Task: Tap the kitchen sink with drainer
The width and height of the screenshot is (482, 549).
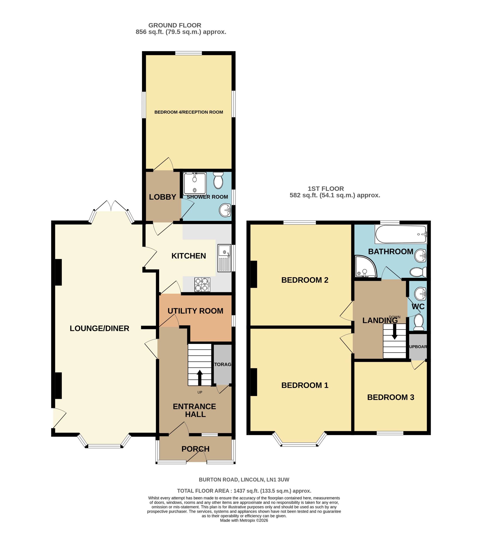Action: tap(224, 258)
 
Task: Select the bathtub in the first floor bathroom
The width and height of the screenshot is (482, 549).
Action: tap(400, 234)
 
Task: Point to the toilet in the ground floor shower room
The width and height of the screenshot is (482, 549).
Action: tap(218, 180)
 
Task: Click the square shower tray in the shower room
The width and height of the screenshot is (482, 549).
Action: tap(195, 183)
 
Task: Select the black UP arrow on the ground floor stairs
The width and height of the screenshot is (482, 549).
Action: tap(199, 377)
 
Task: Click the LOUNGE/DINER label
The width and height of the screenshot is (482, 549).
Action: tap(99, 328)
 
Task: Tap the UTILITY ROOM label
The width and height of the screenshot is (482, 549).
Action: tap(195, 311)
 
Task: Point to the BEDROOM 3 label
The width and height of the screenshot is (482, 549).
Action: tap(390, 397)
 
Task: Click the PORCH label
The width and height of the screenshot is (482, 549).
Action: tap(195, 449)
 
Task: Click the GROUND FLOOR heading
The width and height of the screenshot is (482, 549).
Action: tap(175, 25)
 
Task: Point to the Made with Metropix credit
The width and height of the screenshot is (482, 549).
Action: tap(244, 520)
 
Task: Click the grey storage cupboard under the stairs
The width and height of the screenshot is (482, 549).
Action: tap(222, 364)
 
